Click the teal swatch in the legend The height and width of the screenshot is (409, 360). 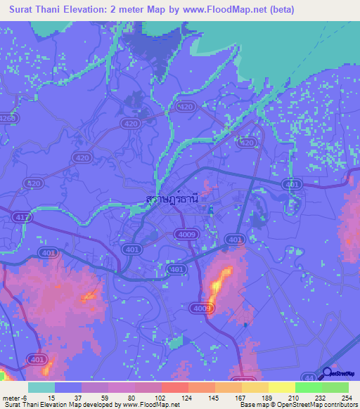[x=41, y=387]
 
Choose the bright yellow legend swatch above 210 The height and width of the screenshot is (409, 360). [x=281, y=387]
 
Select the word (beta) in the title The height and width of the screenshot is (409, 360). [x=279, y=10]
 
